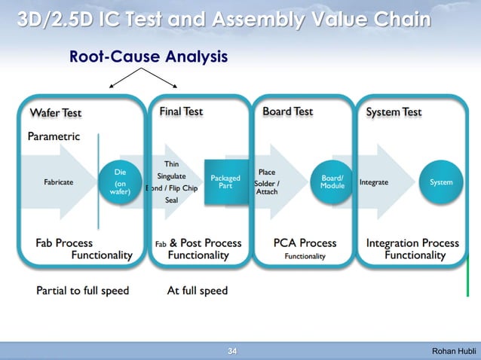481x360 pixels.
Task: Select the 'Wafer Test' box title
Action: (x=55, y=113)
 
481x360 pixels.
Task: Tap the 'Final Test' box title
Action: (x=181, y=111)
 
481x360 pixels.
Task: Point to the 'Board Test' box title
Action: (x=287, y=111)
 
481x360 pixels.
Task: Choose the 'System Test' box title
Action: (x=394, y=112)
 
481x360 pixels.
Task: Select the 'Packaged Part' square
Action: (x=225, y=182)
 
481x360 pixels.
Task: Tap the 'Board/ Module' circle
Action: (x=332, y=182)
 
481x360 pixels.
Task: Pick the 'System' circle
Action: (x=441, y=182)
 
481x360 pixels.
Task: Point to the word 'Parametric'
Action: (x=54, y=137)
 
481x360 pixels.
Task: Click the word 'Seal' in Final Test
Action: (x=171, y=200)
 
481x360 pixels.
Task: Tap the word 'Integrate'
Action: (x=374, y=182)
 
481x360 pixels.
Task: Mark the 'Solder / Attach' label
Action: (x=268, y=188)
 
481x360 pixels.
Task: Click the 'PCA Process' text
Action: (x=305, y=243)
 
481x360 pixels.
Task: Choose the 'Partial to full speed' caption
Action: (x=83, y=290)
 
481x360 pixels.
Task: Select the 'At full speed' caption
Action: (x=197, y=290)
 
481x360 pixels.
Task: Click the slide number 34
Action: (x=232, y=351)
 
